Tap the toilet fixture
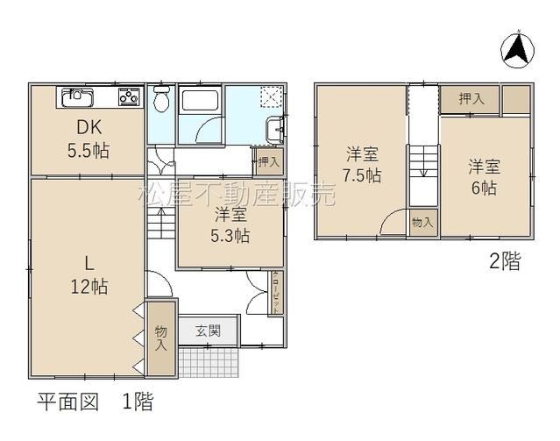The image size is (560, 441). click(161, 99)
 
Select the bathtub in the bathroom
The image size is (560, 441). click(200, 101)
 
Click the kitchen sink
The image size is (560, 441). click(77, 97)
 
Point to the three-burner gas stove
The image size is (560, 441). click(129, 96)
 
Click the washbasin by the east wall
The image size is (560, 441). click(274, 130)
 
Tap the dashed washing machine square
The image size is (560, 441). click(273, 96)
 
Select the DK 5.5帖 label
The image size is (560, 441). click(89, 139)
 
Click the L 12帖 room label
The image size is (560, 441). click(89, 275)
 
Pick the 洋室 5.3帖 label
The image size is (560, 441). click(230, 225)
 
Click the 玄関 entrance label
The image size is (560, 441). click(209, 331)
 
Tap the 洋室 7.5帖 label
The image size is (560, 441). click(362, 165)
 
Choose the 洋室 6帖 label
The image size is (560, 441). click(485, 177)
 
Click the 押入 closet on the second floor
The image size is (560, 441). click(469, 99)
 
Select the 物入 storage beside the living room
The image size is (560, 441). click(161, 338)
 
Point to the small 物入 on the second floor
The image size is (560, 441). click(423, 223)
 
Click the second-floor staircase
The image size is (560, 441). click(423, 175)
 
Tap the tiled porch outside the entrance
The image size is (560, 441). click(209, 362)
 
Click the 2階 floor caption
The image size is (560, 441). click(505, 260)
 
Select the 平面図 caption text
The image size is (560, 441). click(67, 401)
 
